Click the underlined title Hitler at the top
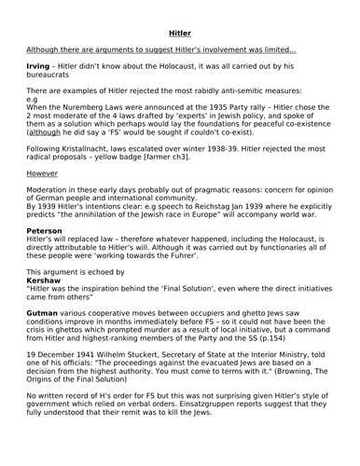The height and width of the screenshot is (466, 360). click(x=180, y=34)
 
